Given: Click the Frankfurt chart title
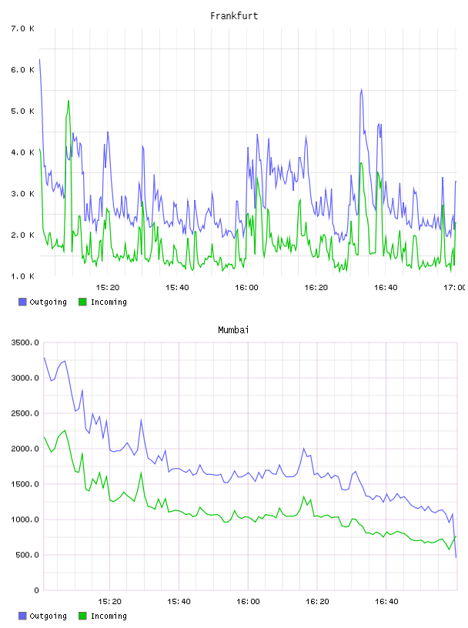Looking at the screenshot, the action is [x=234, y=16].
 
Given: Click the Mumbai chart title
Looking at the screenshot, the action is [x=233, y=330].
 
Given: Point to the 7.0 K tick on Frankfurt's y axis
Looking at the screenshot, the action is [x=23, y=28].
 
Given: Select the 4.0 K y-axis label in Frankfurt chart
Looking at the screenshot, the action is [x=23, y=152].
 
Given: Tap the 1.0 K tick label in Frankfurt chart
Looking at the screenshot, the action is [x=23, y=276].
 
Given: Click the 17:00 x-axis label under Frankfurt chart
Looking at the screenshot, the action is [x=456, y=287].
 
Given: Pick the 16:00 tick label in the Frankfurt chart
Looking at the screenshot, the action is [x=246, y=287].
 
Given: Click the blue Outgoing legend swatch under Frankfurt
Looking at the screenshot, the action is [x=22, y=302].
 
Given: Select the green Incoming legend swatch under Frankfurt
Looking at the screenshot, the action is [x=82, y=302].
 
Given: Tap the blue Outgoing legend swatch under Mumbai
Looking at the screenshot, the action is [x=22, y=616].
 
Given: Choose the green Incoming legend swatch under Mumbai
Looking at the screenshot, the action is [x=82, y=616].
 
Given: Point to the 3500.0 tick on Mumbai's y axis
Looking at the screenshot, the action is [x=25, y=342].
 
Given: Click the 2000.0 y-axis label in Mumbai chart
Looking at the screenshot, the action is [x=25, y=449].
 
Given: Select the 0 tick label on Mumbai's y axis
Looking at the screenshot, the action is [x=37, y=590].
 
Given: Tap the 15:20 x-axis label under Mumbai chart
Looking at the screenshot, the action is [x=109, y=601].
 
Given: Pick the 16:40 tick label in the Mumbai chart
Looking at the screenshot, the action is [x=386, y=601].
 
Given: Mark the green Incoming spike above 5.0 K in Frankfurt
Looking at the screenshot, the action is [x=69, y=101].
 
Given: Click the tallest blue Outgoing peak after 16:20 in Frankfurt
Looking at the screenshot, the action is [x=362, y=90].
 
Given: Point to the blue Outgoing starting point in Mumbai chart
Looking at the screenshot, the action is [x=44, y=358].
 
